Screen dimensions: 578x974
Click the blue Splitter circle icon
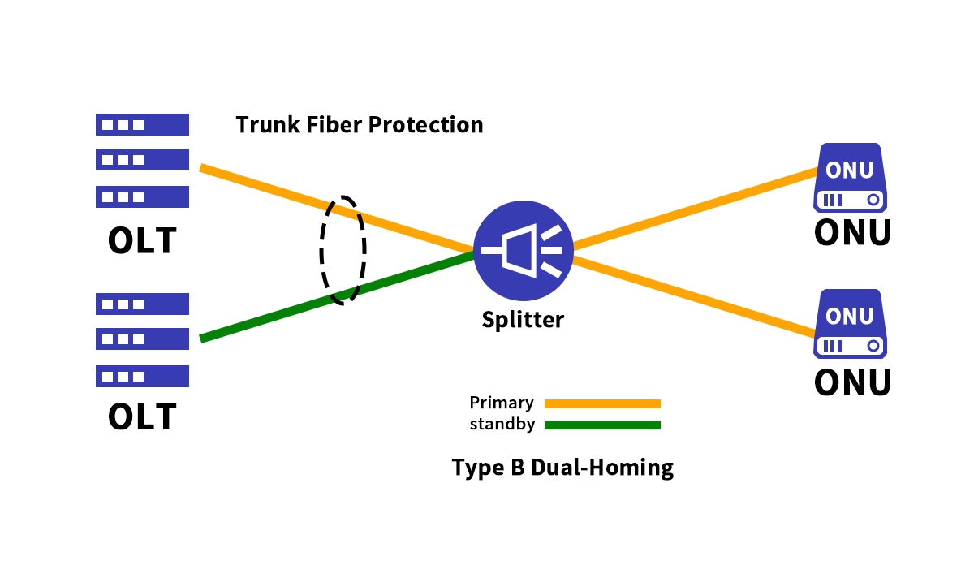(524, 250)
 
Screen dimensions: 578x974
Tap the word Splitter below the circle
(523, 319)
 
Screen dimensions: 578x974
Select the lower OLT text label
(142, 416)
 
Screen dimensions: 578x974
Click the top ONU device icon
(850, 178)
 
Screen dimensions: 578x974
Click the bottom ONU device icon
(850, 324)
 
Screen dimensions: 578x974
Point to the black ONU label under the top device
(852, 232)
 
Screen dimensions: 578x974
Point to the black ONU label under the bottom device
(852, 382)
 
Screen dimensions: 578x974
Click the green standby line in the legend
(602, 425)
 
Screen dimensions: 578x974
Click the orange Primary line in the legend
(602, 403)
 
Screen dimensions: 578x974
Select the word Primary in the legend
(502, 403)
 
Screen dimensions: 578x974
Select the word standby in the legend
(502, 424)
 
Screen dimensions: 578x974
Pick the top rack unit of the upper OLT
(142, 124)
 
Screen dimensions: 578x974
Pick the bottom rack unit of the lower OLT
(142, 376)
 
